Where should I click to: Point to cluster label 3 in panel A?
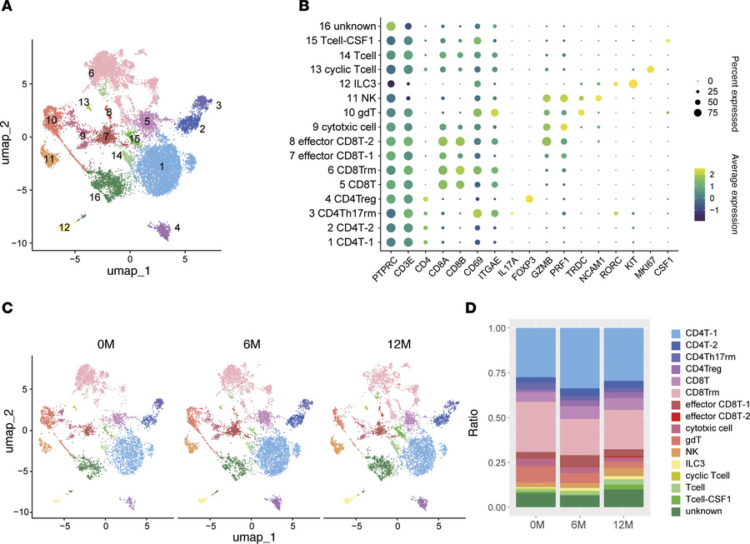pyautogui.click(x=218, y=107)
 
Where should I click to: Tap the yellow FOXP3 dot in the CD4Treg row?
pyautogui.click(x=528, y=198)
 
